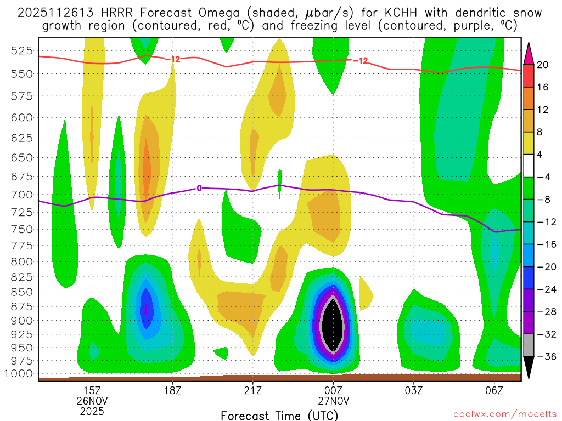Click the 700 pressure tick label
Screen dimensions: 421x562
pos(21,195)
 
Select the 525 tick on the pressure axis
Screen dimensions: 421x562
pos(21,51)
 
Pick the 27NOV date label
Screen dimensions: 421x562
pos(333,401)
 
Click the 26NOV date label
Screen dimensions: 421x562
pos(92,401)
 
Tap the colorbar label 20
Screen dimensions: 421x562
pos(543,65)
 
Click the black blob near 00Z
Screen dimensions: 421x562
pos(333,325)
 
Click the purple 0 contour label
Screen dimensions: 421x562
pos(199,188)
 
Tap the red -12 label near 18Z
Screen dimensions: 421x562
pos(172,59)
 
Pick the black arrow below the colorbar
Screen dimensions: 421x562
pos(529,371)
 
